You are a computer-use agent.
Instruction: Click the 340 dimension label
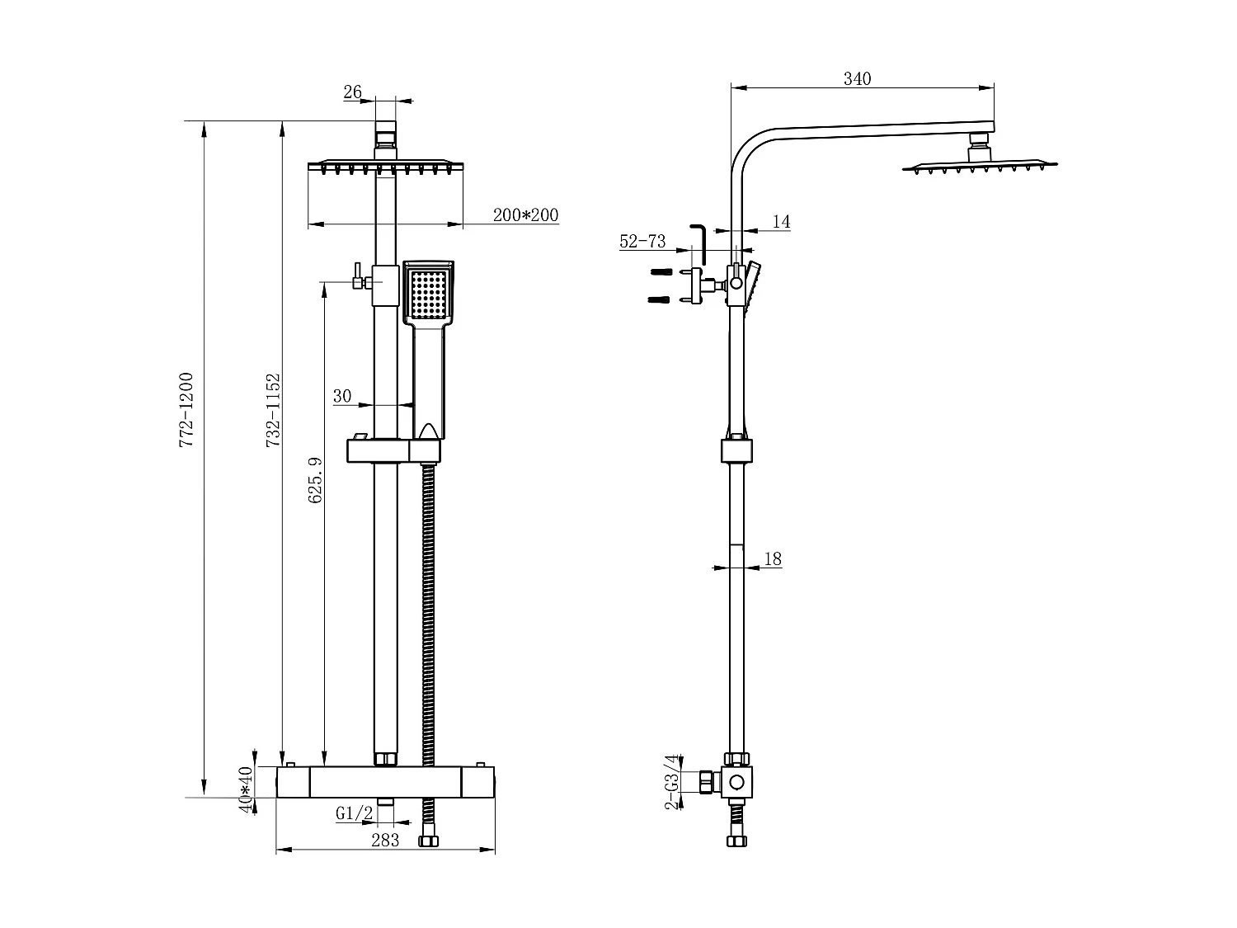coord(857,79)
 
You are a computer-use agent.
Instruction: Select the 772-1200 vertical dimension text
coord(186,410)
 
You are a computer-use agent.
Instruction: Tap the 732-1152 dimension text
coord(274,411)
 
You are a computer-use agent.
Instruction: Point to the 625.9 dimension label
coord(315,481)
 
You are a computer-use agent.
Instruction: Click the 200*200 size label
coord(525,215)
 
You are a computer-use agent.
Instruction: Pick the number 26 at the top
coord(352,92)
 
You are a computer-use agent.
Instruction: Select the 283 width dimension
coord(385,840)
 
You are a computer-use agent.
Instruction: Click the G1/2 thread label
coord(354,813)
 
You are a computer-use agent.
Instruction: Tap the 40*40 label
coord(245,789)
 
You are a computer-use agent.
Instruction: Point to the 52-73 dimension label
coord(642,242)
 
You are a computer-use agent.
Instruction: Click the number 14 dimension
coord(781,221)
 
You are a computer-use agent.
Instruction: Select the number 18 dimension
coord(772,558)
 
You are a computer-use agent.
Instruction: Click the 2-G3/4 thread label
coord(672,781)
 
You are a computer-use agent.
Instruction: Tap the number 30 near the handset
coord(342,396)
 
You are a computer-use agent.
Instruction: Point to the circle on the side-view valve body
coord(737,782)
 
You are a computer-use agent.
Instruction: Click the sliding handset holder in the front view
coord(394,450)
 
